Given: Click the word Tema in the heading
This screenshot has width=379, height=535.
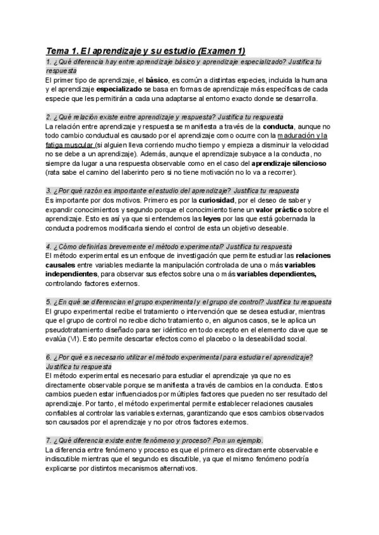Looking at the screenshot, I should (59, 50).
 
